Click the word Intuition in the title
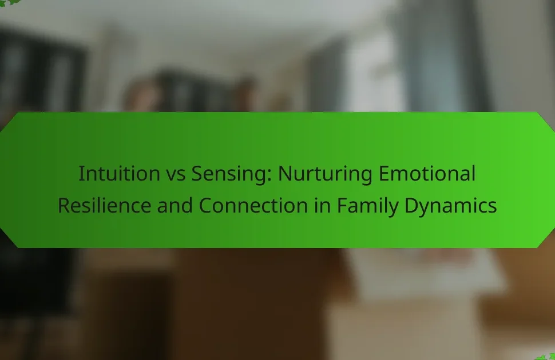[119, 173]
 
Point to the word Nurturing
[325, 174]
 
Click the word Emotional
[427, 173]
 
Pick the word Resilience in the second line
[105, 206]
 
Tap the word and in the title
[175, 206]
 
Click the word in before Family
[323, 206]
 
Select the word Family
[367, 206]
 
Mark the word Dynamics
[451, 206]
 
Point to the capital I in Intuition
[81, 174]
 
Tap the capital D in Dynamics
[411, 206]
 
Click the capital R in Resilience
[65, 206]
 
